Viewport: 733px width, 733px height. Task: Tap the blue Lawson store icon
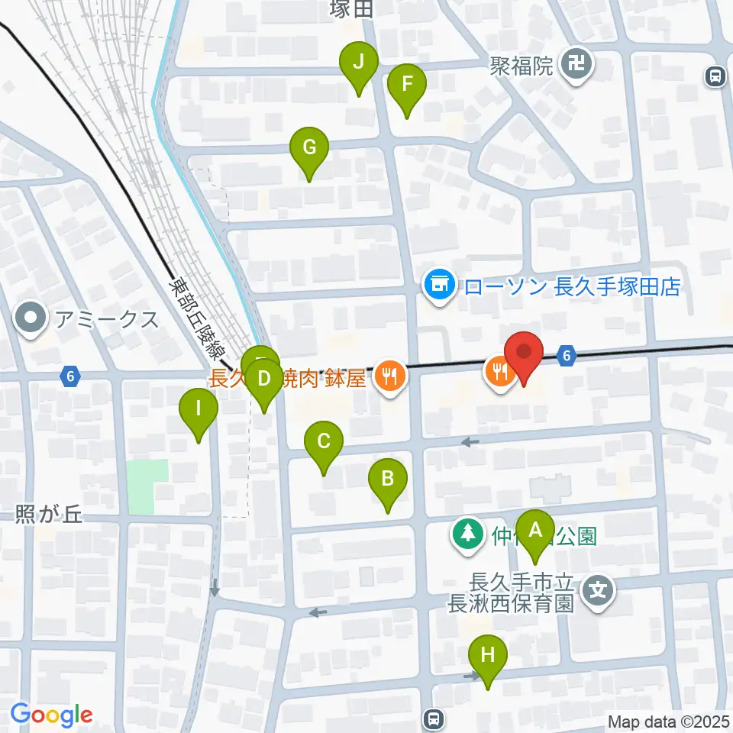pos(439,287)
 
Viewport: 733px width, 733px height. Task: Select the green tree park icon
pos(466,534)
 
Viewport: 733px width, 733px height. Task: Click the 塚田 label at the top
pos(351,9)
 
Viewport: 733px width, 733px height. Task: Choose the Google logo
pos(51,715)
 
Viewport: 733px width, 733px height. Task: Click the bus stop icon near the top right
pos(715,76)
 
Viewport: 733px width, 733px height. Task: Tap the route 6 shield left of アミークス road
pos(70,376)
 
